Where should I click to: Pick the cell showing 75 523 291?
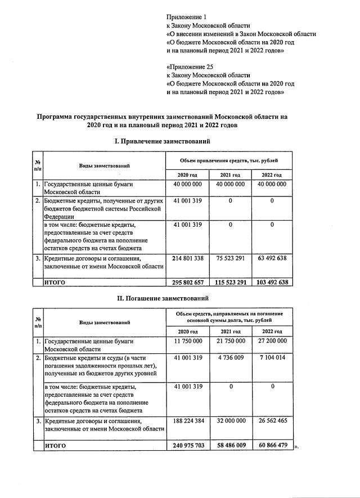click(x=229, y=258)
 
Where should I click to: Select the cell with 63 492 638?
click(x=271, y=258)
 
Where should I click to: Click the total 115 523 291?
click(x=229, y=282)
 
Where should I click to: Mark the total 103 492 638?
click(x=271, y=282)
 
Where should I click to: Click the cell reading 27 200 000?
click(x=271, y=342)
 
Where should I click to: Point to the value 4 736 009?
click(x=229, y=357)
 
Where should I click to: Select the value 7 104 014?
click(x=271, y=357)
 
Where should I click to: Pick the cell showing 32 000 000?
click(x=229, y=420)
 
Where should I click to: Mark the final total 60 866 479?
click(x=271, y=445)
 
